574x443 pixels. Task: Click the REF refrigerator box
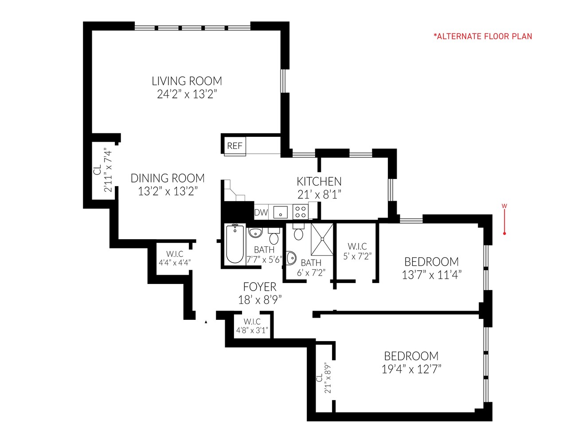point(234,146)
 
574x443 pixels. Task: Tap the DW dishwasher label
point(261,212)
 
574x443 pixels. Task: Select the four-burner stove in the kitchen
point(301,212)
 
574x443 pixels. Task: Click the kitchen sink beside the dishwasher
point(280,212)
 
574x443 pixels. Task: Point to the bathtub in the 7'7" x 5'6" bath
point(234,244)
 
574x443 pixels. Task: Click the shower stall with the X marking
point(322,239)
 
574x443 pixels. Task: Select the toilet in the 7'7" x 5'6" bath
point(273,237)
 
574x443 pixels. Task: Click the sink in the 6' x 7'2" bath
point(291,257)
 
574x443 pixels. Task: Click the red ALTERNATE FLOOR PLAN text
point(483,36)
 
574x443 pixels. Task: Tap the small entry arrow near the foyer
point(206,322)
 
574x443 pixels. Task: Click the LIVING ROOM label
point(187,81)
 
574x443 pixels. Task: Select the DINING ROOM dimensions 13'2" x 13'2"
point(168,191)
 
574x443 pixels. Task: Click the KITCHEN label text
point(319,181)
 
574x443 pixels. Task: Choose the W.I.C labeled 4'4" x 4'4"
point(175,258)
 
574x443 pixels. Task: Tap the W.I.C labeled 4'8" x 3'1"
point(252,326)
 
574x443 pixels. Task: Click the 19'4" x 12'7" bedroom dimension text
point(411,369)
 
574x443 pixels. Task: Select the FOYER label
point(260,287)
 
